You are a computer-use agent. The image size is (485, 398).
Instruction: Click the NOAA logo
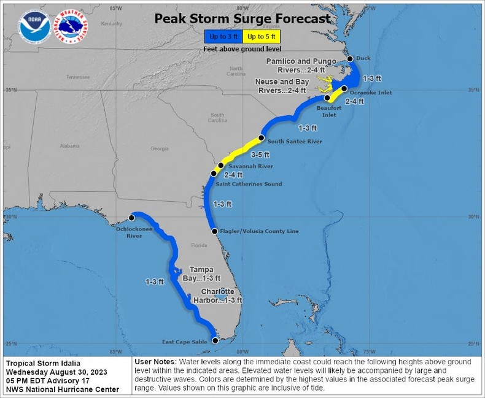(x=34, y=26)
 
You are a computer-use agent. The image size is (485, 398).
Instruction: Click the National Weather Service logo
(x=71, y=26)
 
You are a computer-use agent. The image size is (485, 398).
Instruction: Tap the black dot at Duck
(x=350, y=59)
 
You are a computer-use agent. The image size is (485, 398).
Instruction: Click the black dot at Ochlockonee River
(x=131, y=218)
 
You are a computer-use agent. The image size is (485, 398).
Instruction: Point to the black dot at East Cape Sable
(x=215, y=341)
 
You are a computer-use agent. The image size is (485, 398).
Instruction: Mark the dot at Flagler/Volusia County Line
(x=214, y=231)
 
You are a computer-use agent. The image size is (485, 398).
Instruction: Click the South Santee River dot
(x=262, y=137)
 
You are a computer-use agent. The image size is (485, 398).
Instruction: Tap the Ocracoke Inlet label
(x=371, y=93)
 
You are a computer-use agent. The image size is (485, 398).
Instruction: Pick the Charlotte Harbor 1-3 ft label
(x=222, y=296)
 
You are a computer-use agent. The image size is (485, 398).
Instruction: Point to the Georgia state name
(x=160, y=149)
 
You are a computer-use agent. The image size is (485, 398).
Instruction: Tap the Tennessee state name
(x=78, y=77)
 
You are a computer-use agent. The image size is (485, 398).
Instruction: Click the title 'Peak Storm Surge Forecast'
(x=242, y=19)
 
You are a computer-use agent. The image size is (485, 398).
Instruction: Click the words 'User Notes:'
(x=154, y=362)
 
